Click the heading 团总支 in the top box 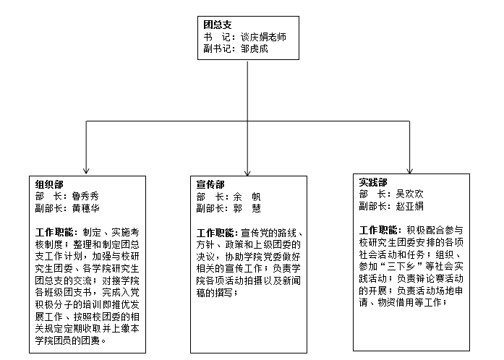pos(217,25)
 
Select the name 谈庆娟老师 pos(263,37)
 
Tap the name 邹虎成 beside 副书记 pos(255,48)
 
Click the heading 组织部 pos(49,184)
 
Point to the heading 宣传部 pos(210,184)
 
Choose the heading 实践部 pos(373,182)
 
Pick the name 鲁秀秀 pos(85,196)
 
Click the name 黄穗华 pos(85,208)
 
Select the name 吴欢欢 pos(409,194)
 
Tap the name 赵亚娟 pos(409,206)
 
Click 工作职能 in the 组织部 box pos(54,232)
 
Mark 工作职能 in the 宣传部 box pos(215,232)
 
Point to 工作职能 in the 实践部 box pos(378,230)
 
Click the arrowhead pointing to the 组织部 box pos(86,170)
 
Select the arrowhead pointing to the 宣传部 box pos(247,172)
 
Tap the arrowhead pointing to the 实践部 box pos(409,170)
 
